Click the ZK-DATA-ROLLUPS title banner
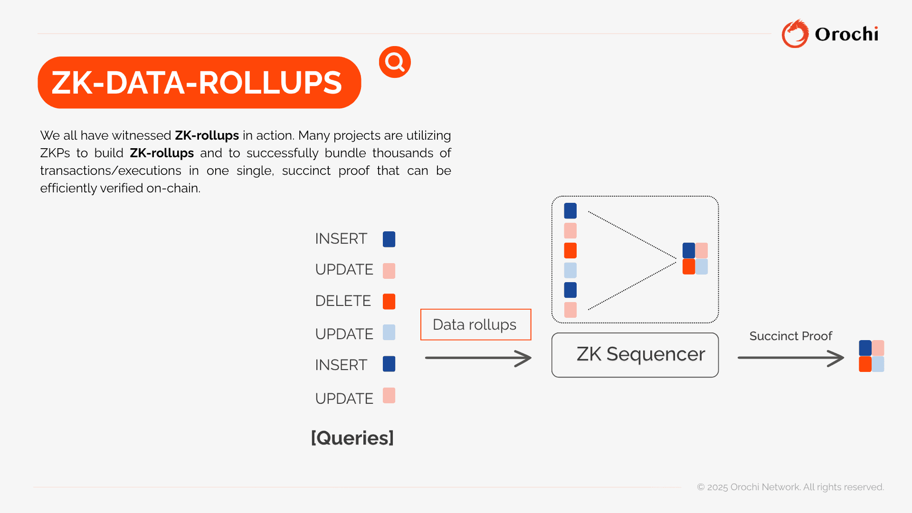[x=199, y=83]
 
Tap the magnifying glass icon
[x=395, y=62]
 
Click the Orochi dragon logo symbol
[x=795, y=34]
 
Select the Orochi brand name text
[x=846, y=34]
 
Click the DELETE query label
[x=343, y=301]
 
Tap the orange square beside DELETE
[x=389, y=302]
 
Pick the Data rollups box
[x=475, y=324]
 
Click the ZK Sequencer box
[x=635, y=355]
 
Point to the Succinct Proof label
[x=791, y=336]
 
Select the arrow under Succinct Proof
[x=791, y=358]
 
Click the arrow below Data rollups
[x=478, y=358]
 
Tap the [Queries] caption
[x=352, y=438]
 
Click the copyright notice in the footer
[x=790, y=487]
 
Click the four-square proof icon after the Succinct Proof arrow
[x=872, y=356]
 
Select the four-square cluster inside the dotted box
[x=695, y=259]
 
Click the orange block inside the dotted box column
[x=570, y=251]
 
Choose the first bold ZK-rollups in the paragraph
[x=207, y=136]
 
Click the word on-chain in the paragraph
[x=173, y=189]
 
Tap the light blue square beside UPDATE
[x=389, y=332]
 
